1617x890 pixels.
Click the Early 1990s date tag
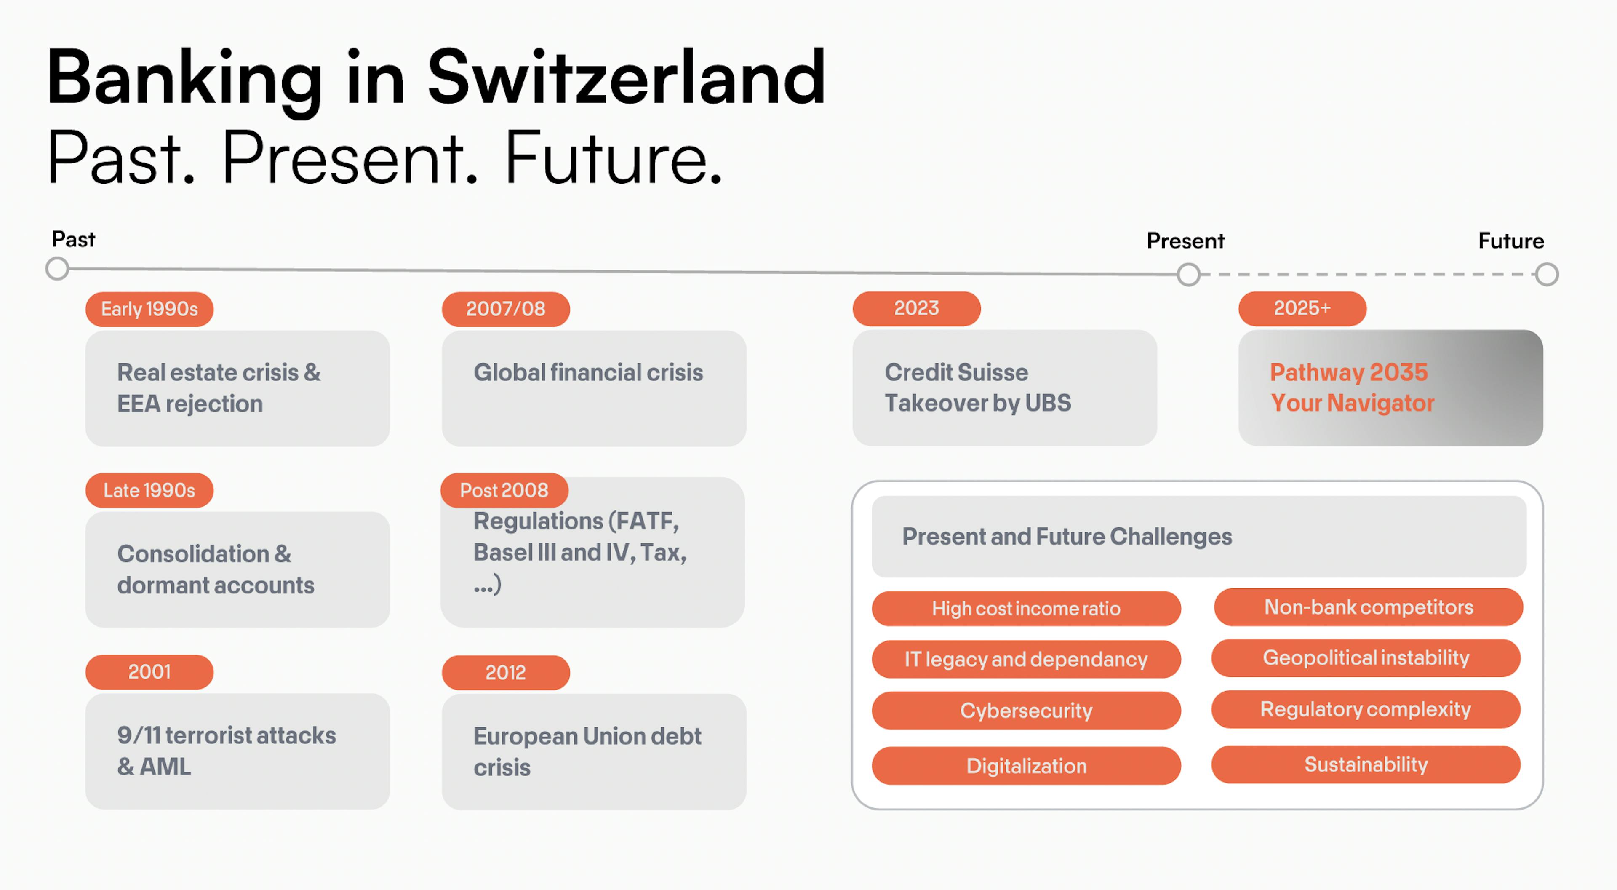[x=149, y=309]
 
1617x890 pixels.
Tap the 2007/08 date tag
[x=506, y=309]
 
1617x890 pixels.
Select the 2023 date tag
[x=916, y=308]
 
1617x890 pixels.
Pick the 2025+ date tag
[x=1302, y=308]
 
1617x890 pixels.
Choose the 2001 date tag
[x=149, y=672]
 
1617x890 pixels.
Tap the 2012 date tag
[x=506, y=673]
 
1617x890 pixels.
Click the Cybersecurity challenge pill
[x=1026, y=711]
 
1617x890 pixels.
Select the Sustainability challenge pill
[x=1366, y=764]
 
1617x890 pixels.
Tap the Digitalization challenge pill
[x=1026, y=766]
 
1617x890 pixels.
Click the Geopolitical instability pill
[x=1366, y=657]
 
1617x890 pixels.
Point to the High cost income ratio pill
[x=1026, y=609]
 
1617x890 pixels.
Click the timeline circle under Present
[x=1188, y=275]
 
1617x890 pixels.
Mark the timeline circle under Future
[x=1547, y=275]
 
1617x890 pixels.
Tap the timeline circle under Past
[x=57, y=269]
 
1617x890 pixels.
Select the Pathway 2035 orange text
[x=1349, y=372]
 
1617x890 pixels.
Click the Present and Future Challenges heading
[x=1067, y=536]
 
